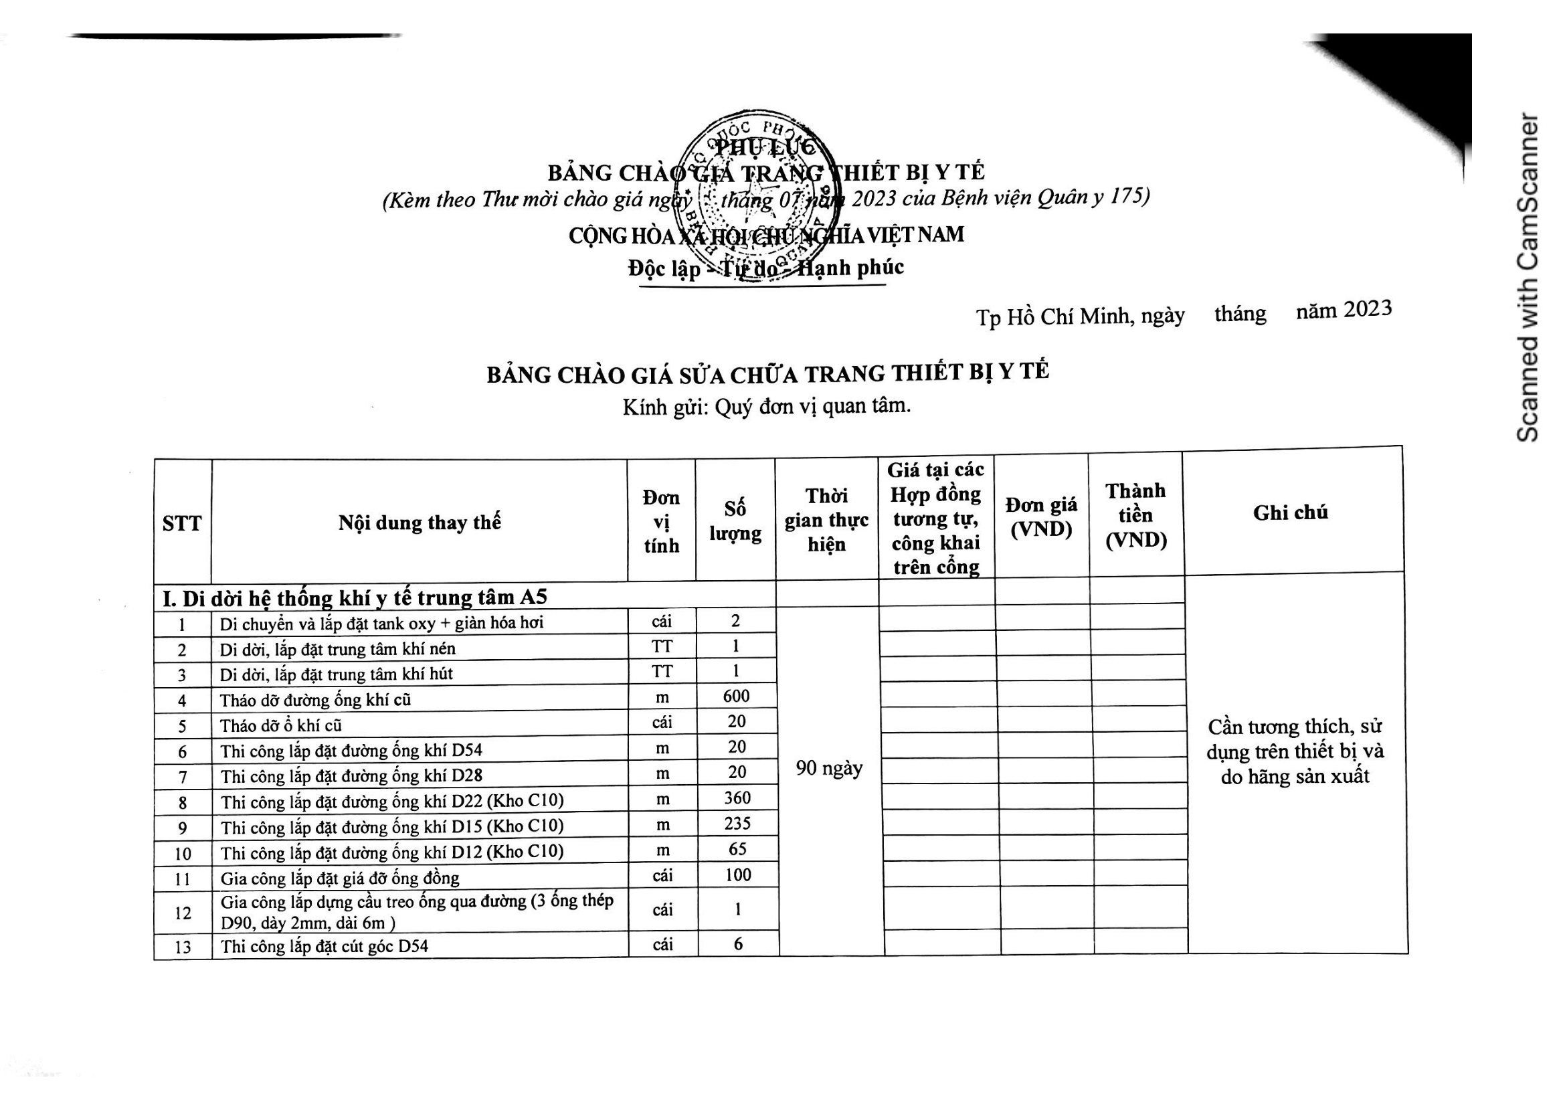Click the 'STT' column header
click(182, 523)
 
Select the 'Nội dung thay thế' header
click(420, 523)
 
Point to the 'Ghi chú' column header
click(1290, 513)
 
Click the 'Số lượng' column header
click(735, 521)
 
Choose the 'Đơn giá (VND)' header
click(1041, 517)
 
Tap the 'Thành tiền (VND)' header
click(1135, 515)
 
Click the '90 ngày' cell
click(829, 769)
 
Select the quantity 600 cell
click(736, 696)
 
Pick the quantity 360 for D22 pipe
click(737, 798)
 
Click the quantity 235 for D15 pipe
click(737, 823)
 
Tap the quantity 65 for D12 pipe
click(737, 849)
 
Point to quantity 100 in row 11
click(737, 875)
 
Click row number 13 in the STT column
click(183, 947)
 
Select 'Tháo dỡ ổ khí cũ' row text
click(281, 726)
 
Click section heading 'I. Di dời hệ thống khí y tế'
click(355, 597)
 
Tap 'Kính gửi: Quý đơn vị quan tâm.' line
click(766, 407)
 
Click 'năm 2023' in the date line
click(1344, 310)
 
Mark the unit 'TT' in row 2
click(661, 646)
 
